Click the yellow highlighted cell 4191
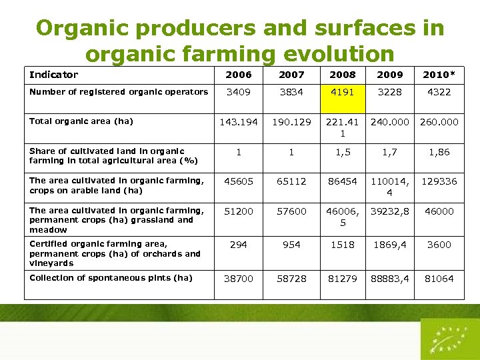point(343,92)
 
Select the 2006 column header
point(239,75)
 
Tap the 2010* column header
point(439,75)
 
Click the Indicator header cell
point(53,75)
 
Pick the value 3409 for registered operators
point(239,92)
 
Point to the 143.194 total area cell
point(239,122)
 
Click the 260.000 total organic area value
point(439,122)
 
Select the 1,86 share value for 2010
point(439,152)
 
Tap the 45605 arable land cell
point(239,181)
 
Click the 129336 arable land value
point(439,181)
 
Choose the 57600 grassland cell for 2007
point(291,211)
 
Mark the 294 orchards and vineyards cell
point(239,245)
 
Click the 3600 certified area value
point(439,245)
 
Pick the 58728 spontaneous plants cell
point(291,278)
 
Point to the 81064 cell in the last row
point(439,278)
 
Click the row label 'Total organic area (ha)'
point(81,121)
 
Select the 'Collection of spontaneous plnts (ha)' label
point(111,278)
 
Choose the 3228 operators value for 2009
point(390,92)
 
